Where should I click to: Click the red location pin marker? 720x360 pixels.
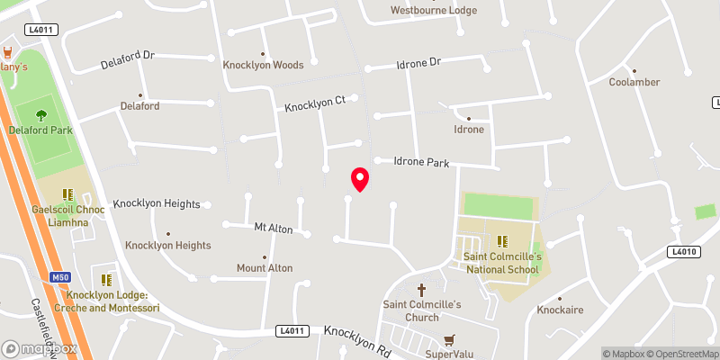pos(360,179)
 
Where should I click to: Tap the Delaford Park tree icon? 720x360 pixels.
pos(40,114)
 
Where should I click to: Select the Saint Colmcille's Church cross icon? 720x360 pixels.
pos(422,290)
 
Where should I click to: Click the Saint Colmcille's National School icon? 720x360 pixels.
pos(501,240)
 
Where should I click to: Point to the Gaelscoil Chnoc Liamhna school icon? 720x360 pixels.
pos(67,193)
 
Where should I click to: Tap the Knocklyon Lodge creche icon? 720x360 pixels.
pos(106,280)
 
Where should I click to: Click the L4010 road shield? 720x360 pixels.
pos(685,251)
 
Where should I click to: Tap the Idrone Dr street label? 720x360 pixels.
pos(418,64)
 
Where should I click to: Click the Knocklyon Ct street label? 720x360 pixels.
pos(315,104)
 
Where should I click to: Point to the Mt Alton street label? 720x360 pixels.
pos(274,229)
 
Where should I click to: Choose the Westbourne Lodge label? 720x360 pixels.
pos(433,11)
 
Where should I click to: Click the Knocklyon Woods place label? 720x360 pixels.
pos(263,65)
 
